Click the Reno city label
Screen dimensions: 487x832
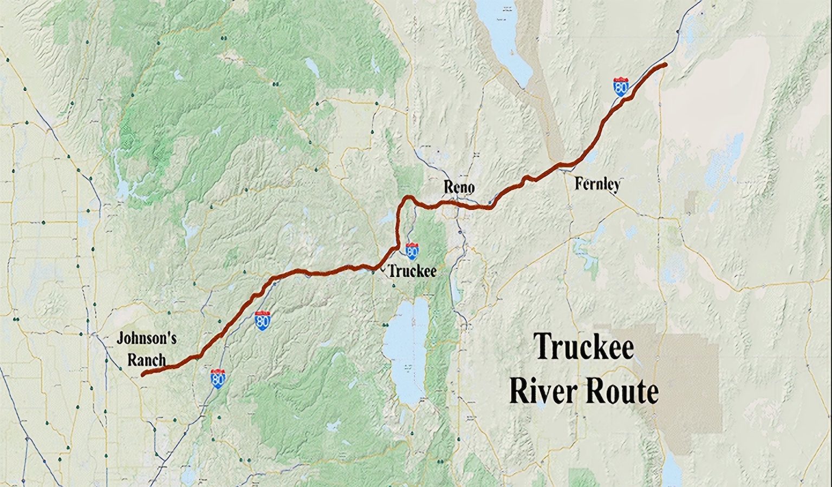click(x=459, y=187)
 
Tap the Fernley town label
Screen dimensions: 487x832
click(x=597, y=184)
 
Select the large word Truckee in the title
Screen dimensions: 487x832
click(x=584, y=347)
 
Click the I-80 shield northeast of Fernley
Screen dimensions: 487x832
click(x=621, y=87)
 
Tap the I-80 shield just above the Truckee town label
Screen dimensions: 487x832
click(x=412, y=251)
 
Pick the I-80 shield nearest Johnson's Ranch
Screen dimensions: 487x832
click(x=218, y=379)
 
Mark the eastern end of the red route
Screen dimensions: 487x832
click(x=665, y=65)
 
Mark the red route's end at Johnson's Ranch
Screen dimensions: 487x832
click(x=143, y=374)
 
